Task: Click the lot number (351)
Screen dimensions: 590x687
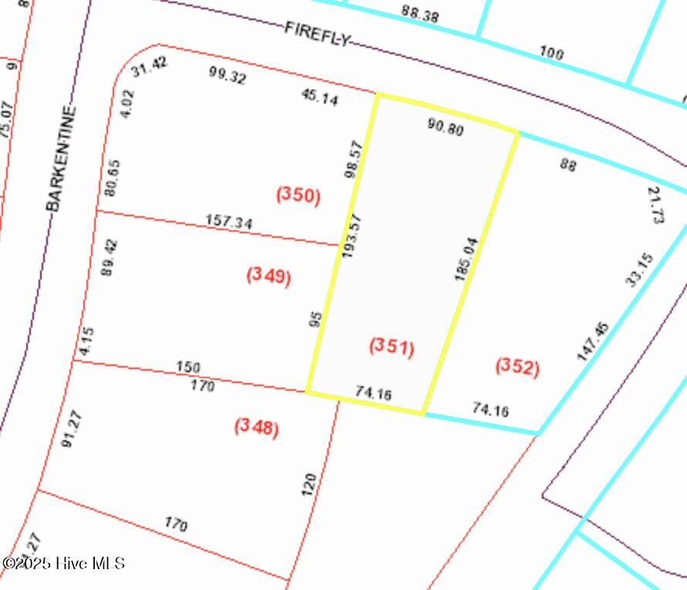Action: [x=392, y=347]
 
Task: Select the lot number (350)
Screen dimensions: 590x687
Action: [x=298, y=195]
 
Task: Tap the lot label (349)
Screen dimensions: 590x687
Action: [x=269, y=276]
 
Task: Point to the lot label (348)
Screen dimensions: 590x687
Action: [x=256, y=426]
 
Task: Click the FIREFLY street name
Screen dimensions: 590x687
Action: [x=317, y=33]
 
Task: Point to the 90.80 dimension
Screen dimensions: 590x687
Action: [x=445, y=127]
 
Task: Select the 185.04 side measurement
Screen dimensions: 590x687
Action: [x=467, y=259]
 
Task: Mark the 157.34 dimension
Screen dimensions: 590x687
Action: [x=228, y=222]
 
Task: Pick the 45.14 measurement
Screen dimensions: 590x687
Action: [x=318, y=97]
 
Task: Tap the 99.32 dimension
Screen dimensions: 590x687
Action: [x=228, y=75]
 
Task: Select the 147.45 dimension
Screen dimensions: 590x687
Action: [x=592, y=341]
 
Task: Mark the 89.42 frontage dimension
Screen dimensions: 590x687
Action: [x=110, y=257]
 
